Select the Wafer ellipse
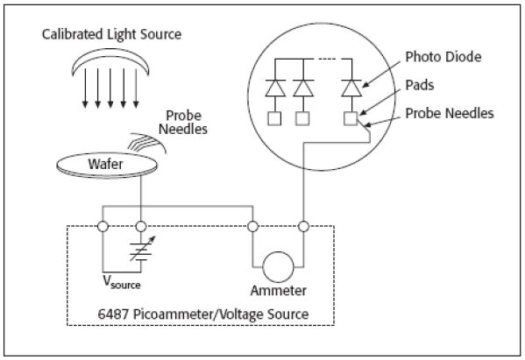pyautogui.click(x=107, y=165)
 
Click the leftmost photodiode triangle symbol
pyautogui.click(x=275, y=88)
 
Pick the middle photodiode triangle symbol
pyautogui.click(x=303, y=88)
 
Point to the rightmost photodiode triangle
pyautogui.click(x=351, y=88)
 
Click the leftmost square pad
pyautogui.click(x=274, y=118)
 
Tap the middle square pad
pyautogui.click(x=302, y=118)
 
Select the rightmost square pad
pyautogui.click(x=351, y=118)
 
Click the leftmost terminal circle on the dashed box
pyautogui.click(x=103, y=227)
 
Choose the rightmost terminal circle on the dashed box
pyautogui.click(x=303, y=227)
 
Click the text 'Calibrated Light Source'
pyautogui.click(x=111, y=34)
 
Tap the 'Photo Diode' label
pyautogui.click(x=443, y=57)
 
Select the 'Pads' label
pyautogui.click(x=420, y=85)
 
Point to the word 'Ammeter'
pyautogui.click(x=278, y=291)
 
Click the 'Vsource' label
pyautogui.click(x=122, y=282)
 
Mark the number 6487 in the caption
pyautogui.click(x=113, y=314)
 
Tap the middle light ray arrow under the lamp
pyautogui.click(x=110, y=88)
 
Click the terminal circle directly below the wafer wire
pyautogui.click(x=141, y=227)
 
